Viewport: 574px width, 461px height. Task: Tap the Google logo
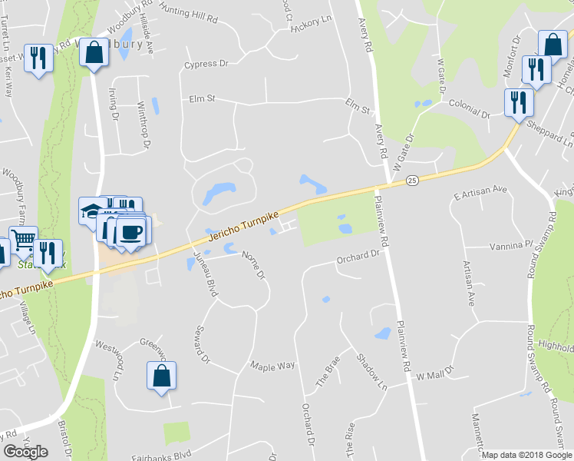tap(25, 452)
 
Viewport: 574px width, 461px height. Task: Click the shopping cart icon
tap(23, 240)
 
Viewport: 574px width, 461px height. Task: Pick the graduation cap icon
tap(92, 210)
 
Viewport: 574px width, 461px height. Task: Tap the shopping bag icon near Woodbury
tap(94, 53)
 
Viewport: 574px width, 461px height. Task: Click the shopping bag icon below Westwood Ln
tap(161, 376)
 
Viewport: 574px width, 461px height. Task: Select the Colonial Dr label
tap(468, 108)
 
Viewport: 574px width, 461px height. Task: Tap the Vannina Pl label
tap(510, 247)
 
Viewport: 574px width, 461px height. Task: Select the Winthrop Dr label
tap(143, 119)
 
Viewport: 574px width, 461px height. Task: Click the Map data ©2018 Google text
tap(526, 455)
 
